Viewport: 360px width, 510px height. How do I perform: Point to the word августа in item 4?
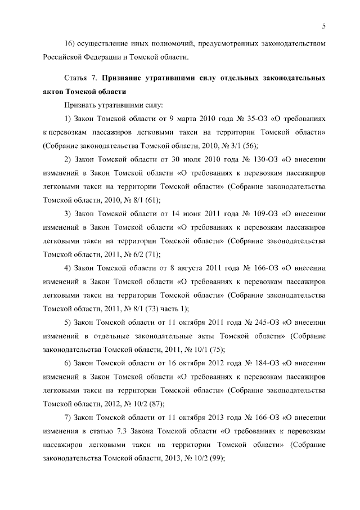[188, 269]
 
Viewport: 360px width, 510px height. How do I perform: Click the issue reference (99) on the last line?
[216, 459]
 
